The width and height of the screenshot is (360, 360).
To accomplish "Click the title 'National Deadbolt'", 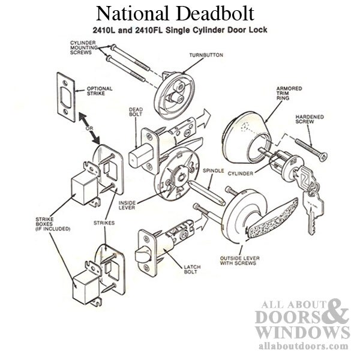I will [179, 13].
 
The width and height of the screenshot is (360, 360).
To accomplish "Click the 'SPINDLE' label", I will [213, 170].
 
